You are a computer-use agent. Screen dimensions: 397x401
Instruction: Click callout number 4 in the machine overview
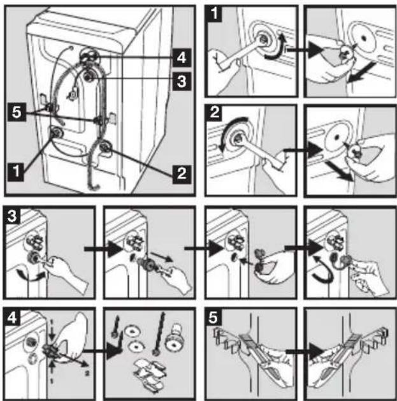click(182, 57)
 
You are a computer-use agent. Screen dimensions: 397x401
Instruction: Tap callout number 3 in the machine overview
click(182, 82)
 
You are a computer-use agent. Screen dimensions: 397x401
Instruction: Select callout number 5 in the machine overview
click(17, 112)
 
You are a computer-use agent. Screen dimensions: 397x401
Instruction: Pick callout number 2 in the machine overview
click(182, 173)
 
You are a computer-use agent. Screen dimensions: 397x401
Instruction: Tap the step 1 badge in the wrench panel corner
click(214, 13)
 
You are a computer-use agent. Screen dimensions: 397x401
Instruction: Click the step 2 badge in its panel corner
click(214, 112)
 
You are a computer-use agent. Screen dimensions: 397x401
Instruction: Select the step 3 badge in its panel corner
click(12, 215)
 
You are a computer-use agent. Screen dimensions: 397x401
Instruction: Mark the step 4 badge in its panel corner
click(12, 317)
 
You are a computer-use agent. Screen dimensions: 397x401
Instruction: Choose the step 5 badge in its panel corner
click(213, 317)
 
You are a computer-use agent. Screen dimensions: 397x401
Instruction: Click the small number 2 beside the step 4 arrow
click(87, 374)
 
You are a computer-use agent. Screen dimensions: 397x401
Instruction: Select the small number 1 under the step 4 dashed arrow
click(51, 382)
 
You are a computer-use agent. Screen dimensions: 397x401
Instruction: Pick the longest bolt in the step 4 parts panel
click(159, 333)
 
